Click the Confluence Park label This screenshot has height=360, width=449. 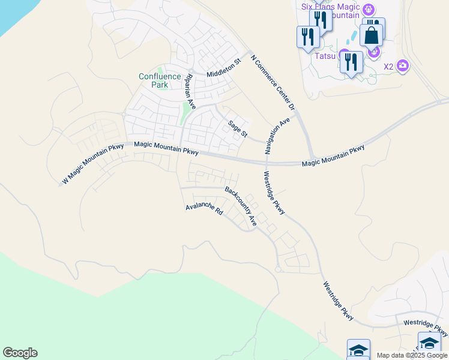click(x=159, y=80)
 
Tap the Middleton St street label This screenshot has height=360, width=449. click(x=223, y=67)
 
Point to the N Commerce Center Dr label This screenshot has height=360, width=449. click(x=273, y=83)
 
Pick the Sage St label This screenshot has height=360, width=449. click(x=237, y=128)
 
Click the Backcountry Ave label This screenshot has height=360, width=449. click(x=241, y=206)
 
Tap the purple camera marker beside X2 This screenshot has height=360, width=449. click(x=403, y=65)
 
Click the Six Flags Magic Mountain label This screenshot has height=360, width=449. click(x=330, y=10)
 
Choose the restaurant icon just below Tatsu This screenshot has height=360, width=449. click(x=351, y=62)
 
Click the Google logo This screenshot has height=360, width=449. click(x=20, y=353)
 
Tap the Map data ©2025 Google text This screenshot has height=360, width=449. click(x=411, y=355)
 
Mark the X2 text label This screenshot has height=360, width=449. click(x=388, y=66)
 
